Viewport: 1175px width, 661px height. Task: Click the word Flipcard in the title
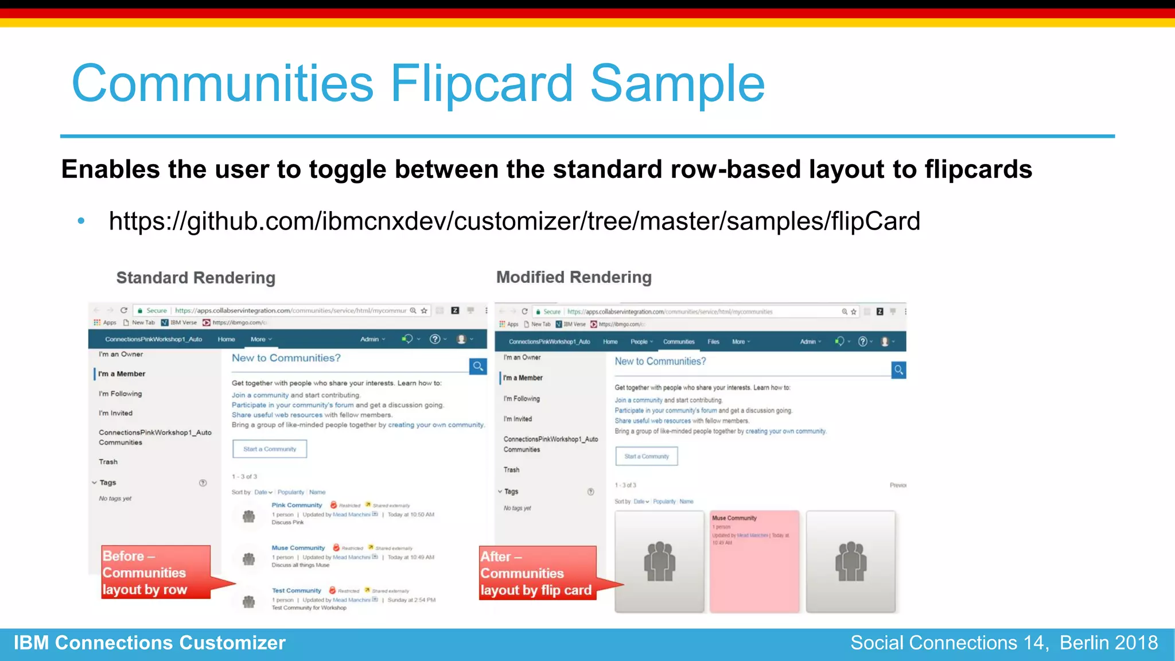(x=481, y=84)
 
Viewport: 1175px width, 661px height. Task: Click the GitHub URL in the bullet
(x=514, y=221)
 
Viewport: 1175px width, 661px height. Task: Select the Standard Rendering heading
(x=196, y=278)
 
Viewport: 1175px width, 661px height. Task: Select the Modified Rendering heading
(x=574, y=277)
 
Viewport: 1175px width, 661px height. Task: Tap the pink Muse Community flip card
(x=754, y=561)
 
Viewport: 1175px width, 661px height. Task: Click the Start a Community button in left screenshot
(x=270, y=449)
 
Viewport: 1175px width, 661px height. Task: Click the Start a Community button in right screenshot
(x=647, y=457)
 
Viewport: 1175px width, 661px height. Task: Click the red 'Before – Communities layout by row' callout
(x=155, y=572)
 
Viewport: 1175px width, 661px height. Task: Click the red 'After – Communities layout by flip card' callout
(x=537, y=573)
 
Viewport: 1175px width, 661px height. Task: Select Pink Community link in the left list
(x=297, y=506)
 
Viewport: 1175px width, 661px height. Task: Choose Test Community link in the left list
(x=296, y=590)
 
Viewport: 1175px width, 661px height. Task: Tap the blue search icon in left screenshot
(x=477, y=366)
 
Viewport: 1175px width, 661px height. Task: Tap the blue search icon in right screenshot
(x=898, y=370)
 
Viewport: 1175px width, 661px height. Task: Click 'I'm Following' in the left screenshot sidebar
(x=120, y=394)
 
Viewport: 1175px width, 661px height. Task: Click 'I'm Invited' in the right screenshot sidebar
(x=518, y=419)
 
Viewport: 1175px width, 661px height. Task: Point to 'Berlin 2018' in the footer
(x=1108, y=643)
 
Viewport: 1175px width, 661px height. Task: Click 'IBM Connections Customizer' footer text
(x=149, y=643)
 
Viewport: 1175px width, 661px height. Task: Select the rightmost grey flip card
(x=850, y=561)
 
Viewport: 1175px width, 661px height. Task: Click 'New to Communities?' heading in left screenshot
(x=286, y=358)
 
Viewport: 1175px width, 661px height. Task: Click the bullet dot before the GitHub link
(x=81, y=221)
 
